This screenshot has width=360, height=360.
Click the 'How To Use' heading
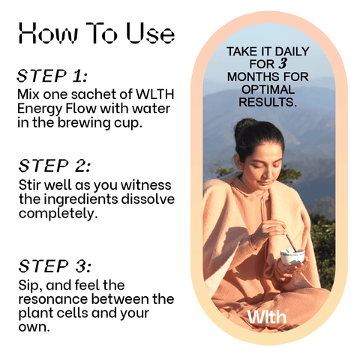(x=97, y=33)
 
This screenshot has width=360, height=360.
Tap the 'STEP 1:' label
(x=52, y=76)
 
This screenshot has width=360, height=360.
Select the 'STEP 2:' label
(x=54, y=166)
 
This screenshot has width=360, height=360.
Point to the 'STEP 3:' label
(x=55, y=265)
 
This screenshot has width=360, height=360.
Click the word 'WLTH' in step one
(x=154, y=94)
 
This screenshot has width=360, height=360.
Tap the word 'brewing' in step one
(x=84, y=123)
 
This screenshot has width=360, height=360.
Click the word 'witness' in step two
(x=146, y=185)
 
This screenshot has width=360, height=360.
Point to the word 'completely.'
(x=58, y=214)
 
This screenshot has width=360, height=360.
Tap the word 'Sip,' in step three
(x=30, y=286)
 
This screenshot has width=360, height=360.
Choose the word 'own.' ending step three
(x=34, y=327)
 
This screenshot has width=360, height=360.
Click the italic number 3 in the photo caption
(x=283, y=64)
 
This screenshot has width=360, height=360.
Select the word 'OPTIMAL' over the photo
(x=268, y=89)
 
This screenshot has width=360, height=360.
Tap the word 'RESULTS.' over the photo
(x=268, y=102)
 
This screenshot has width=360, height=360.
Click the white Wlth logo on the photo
(x=267, y=316)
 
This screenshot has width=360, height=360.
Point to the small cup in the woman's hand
(x=292, y=256)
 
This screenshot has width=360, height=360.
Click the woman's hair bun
(x=246, y=128)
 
